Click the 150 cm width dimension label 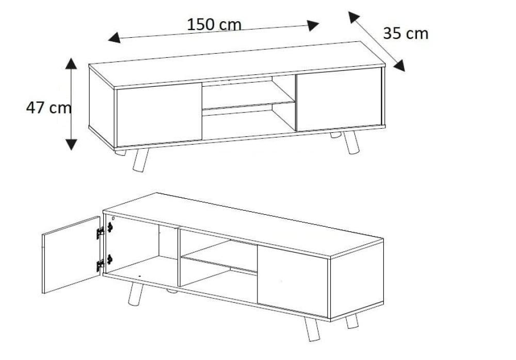pos(214,24)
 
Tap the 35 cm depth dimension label pos(406,34)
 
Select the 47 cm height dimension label pos(49,107)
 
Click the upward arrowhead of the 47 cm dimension pos(71,64)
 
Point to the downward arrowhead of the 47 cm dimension pos(71,144)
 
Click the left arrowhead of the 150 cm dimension pos(114,38)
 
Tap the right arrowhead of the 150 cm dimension pos(313,25)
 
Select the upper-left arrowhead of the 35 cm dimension pos(354,17)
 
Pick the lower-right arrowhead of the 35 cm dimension pos(399,66)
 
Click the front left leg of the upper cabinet pos(140,160)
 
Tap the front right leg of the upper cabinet pos(351,142)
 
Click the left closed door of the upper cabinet pos(159,114)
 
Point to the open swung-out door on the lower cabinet pos(71,255)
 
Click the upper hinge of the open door pos(101,232)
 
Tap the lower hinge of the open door pos(101,265)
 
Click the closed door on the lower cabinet pos(293,281)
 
